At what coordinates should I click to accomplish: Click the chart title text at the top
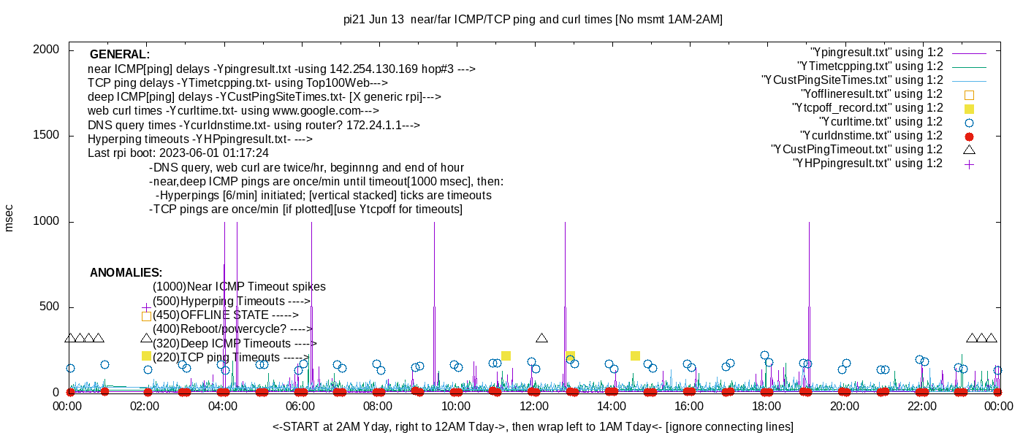pyautogui.click(x=533, y=20)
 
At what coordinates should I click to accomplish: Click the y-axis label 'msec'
pyautogui.click(x=9, y=218)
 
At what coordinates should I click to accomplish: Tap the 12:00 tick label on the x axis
pyautogui.click(x=533, y=406)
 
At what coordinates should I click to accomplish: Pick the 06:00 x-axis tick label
pyautogui.click(x=300, y=406)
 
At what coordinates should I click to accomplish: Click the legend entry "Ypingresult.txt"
pyautogui.click(x=877, y=53)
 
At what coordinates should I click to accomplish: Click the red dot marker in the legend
pyautogui.click(x=969, y=137)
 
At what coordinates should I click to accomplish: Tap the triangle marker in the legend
pyautogui.click(x=969, y=150)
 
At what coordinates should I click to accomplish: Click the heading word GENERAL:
pyautogui.click(x=120, y=55)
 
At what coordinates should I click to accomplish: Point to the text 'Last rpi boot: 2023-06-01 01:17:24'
pyautogui.click(x=178, y=153)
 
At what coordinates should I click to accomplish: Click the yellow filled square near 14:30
pyautogui.click(x=635, y=356)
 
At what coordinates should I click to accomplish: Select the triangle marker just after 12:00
pyautogui.click(x=541, y=338)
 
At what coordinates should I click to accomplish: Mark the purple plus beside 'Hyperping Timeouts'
pyautogui.click(x=146, y=307)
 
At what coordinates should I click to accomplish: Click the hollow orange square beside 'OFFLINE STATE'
pyautogui.click(x=146, y=316)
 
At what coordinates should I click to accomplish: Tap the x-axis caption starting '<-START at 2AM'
pyautogui.click(x=533, y=426)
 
